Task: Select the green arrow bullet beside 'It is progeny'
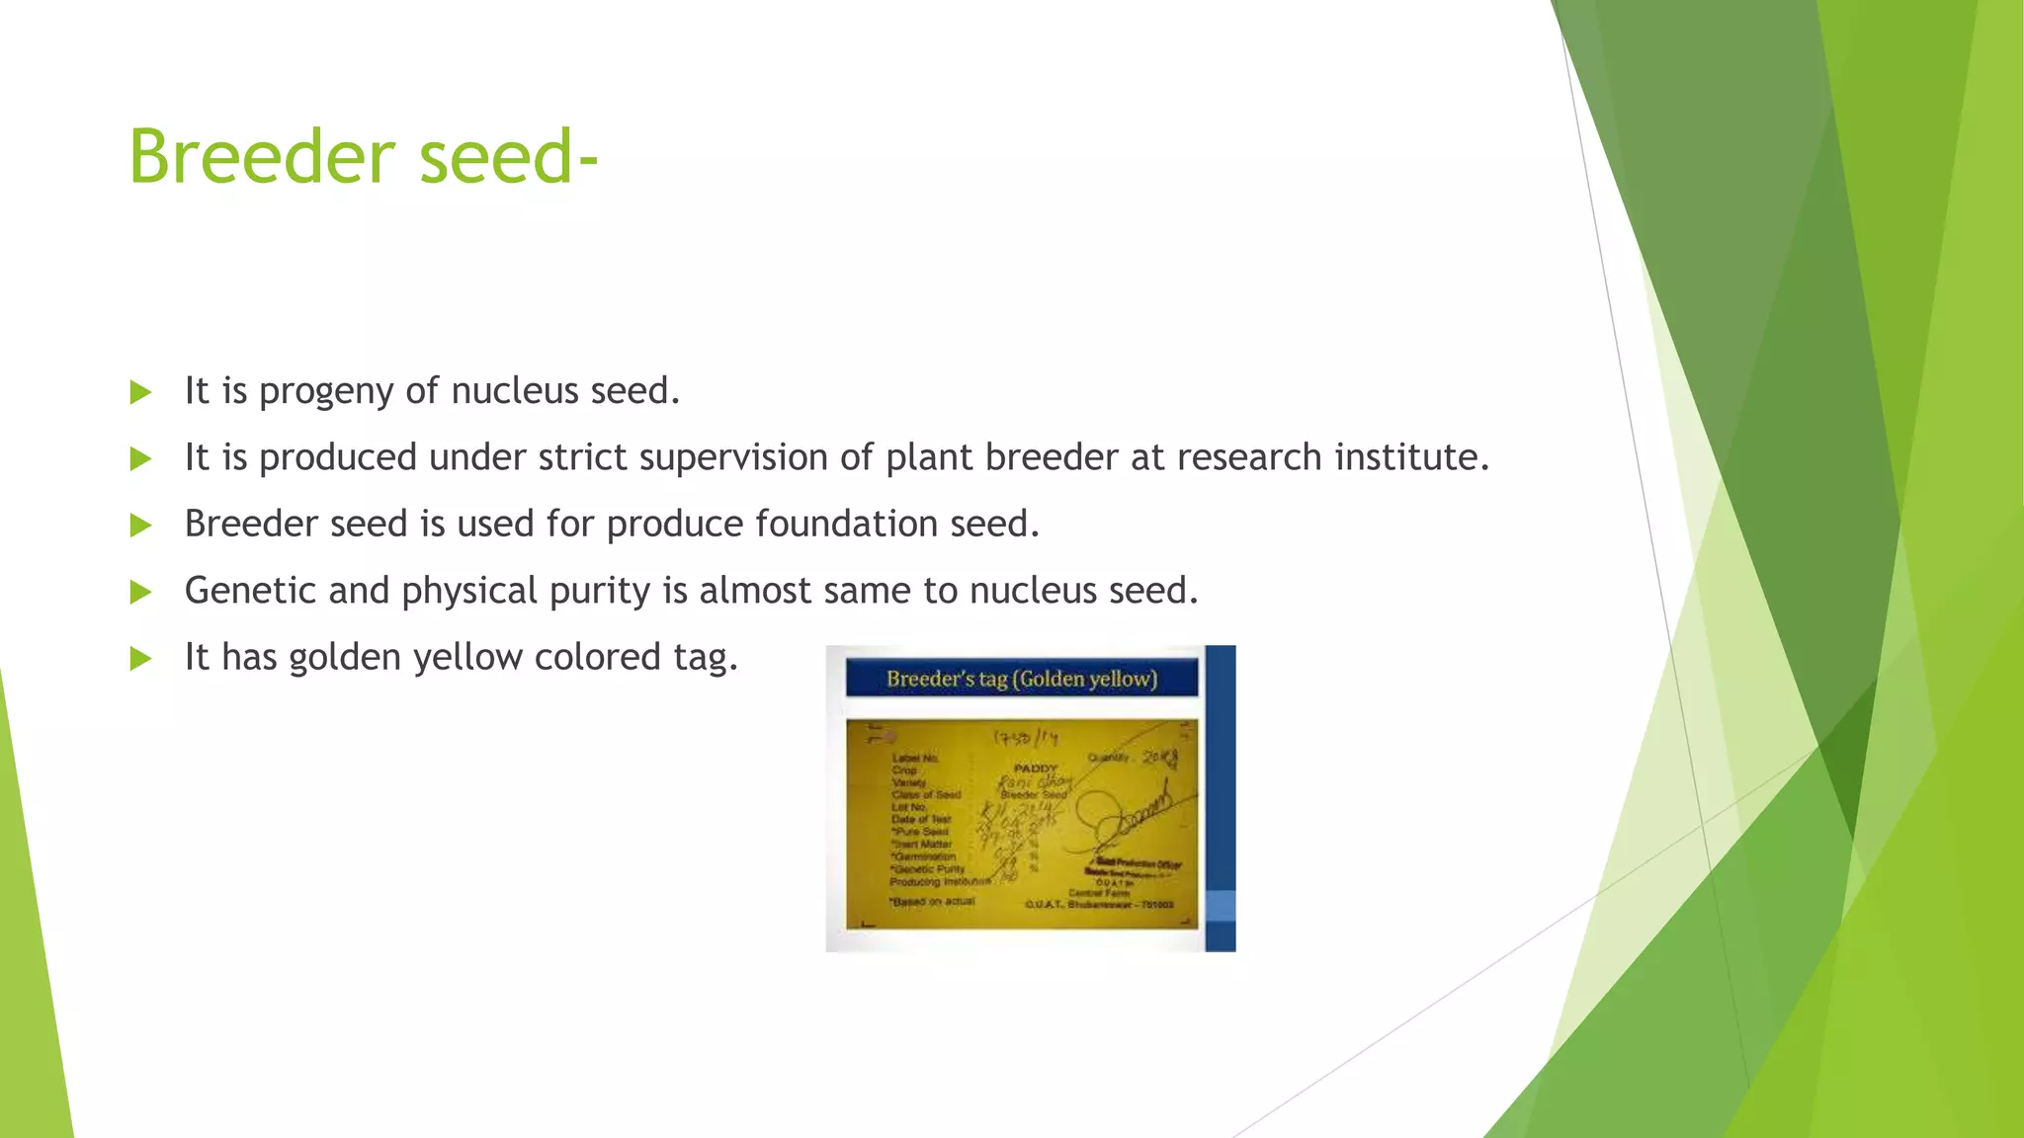[141, 392]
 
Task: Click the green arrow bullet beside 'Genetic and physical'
[141, 592]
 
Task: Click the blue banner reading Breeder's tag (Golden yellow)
[1021, 679]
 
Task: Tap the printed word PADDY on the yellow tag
[1035, 768]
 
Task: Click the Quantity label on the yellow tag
[1108, 758]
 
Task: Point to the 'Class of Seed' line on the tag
[926, 794]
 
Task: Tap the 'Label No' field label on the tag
[914, 758]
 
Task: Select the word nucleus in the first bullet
[514, 391]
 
